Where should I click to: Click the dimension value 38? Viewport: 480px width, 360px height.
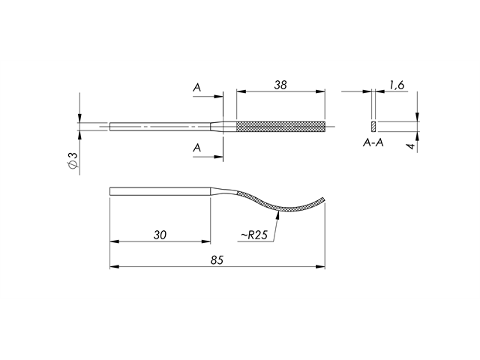(x=280, y=85)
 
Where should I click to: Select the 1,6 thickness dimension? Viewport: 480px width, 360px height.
(x=397, y=86)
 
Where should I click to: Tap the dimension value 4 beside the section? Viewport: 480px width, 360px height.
(x=410, y=145)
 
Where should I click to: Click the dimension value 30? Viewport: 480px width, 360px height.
(x=159, y=235)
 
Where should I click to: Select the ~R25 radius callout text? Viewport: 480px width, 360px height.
(x=253, y=235)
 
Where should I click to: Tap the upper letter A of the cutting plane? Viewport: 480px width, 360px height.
(x=196, y=88)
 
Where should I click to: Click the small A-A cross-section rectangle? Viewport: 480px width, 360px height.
(x=373, y=125)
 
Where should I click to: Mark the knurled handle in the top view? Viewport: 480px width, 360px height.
(x=280, y=125)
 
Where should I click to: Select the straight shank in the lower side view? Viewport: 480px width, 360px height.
(x=159, y=190)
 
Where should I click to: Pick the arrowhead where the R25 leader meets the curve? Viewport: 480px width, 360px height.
(x=277, y=213)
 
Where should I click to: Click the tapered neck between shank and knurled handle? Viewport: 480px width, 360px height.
(x=223, y=125)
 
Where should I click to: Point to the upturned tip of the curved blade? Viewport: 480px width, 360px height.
(x=322, y=198)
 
